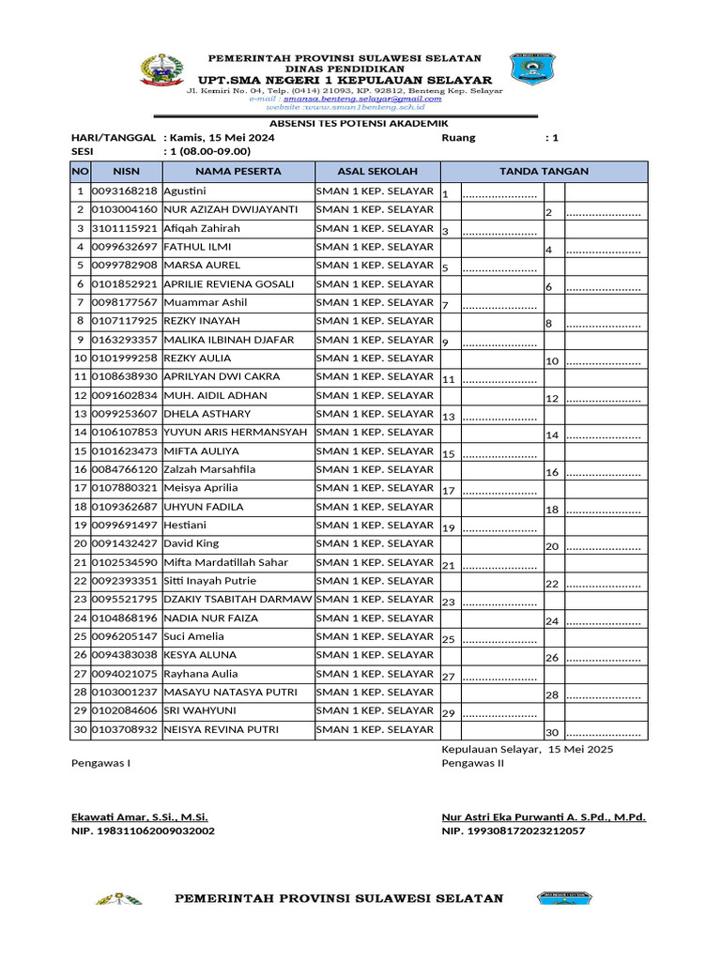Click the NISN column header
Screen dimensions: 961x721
126,172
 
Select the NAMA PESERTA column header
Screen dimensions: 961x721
238,172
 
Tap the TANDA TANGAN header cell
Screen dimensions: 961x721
544,172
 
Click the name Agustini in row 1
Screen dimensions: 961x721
185,191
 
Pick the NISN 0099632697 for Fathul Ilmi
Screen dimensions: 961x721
126,247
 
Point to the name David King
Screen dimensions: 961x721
191,543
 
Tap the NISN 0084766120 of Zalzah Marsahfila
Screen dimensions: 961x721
126,469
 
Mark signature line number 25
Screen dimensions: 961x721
499,640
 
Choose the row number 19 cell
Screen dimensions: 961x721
80,526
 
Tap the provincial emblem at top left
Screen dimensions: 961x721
161,71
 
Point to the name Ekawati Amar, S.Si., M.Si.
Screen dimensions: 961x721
140,817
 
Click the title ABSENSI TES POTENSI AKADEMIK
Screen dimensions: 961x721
345,124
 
